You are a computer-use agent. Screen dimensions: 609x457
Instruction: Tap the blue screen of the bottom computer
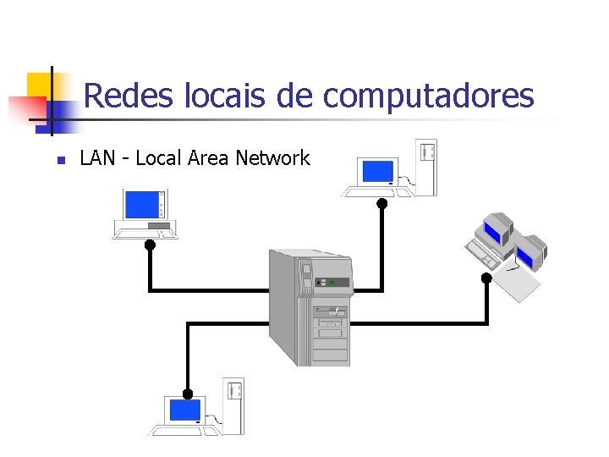click(x=185, y=410)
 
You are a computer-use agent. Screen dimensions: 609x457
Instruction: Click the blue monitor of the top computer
click(x=376, y=172)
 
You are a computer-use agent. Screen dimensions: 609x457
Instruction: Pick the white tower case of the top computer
click(x=427, y=167)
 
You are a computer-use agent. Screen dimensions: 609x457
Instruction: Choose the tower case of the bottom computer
click(x=233, y=405)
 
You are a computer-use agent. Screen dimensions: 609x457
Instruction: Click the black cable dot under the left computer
click(x=150, y=245)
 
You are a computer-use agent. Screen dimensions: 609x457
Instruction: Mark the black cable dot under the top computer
click(x=382, y=203)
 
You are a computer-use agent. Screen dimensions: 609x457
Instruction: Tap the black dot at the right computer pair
click(x=486, y=277)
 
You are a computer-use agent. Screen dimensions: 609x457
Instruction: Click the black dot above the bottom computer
click(x=188, y=394)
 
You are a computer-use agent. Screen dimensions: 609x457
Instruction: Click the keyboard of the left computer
click(x=145, y=232)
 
